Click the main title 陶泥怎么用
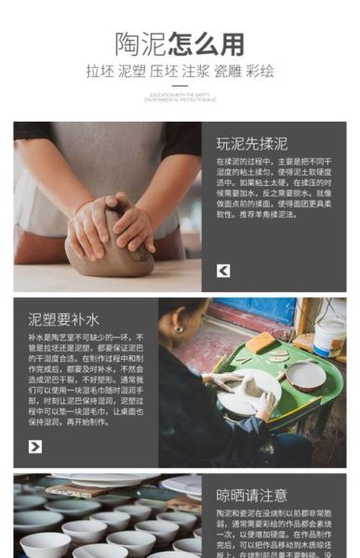coord(180,44)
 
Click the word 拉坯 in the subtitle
coord(100,71)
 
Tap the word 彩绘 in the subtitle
coord(260,71)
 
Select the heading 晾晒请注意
coord(251,494)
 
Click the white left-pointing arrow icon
coord(223,271)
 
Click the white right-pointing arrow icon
coord(35,446)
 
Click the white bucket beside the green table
coord(329,336)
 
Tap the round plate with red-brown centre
coord(305,375)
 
